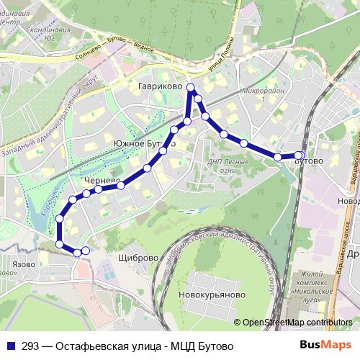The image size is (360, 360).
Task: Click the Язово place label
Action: point(24,264)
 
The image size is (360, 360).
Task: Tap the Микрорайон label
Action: point(264,92)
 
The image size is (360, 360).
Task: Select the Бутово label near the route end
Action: point(309,162)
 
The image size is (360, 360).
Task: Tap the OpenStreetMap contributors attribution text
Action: point(297,322)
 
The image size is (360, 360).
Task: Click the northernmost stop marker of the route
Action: point(191,88)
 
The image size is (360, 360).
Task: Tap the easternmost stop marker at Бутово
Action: point(300,155)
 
